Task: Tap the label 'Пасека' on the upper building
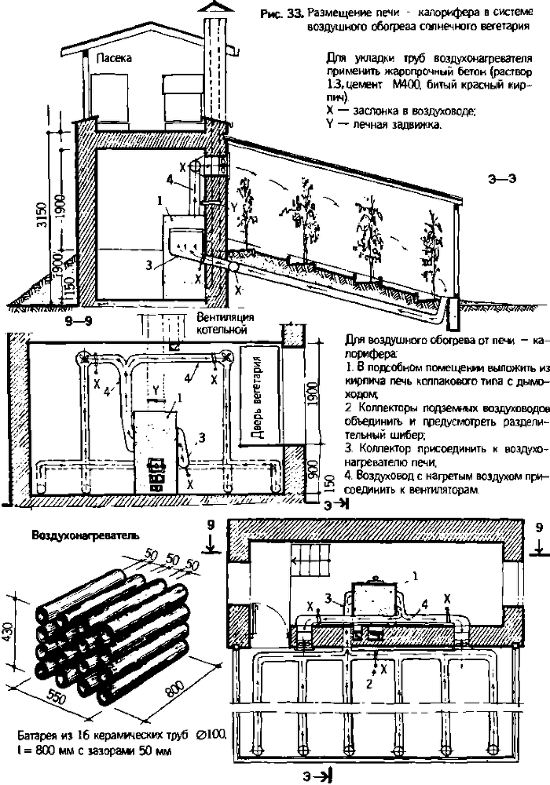click(113, 58)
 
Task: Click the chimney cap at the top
click(213, 7)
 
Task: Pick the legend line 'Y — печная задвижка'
click(383, 125)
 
